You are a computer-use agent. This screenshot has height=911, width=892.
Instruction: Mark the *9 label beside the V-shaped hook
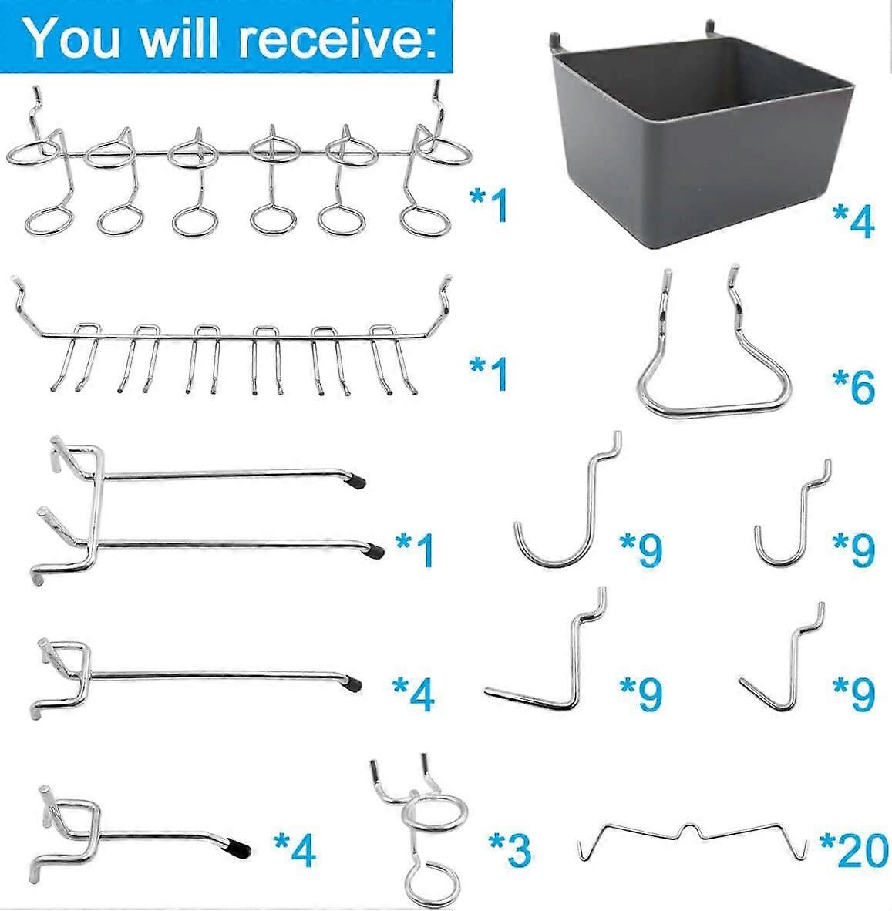[x=853, y=694]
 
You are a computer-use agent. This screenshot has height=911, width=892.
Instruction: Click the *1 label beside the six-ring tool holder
[x=489, y=206]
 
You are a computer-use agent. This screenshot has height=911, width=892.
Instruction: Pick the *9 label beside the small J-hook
[x=853, y=549]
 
